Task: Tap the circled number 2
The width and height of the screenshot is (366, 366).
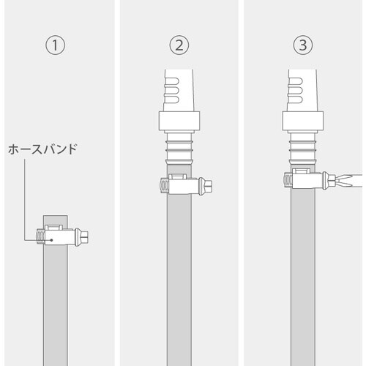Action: [x=181, y=45]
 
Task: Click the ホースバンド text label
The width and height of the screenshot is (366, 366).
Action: [x=42, y=149]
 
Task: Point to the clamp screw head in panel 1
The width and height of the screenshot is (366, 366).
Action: [x=86, y=236]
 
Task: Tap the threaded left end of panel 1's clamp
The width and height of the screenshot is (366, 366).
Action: [x=39, y=236]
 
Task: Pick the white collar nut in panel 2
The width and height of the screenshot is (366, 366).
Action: [x=181, y=121]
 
